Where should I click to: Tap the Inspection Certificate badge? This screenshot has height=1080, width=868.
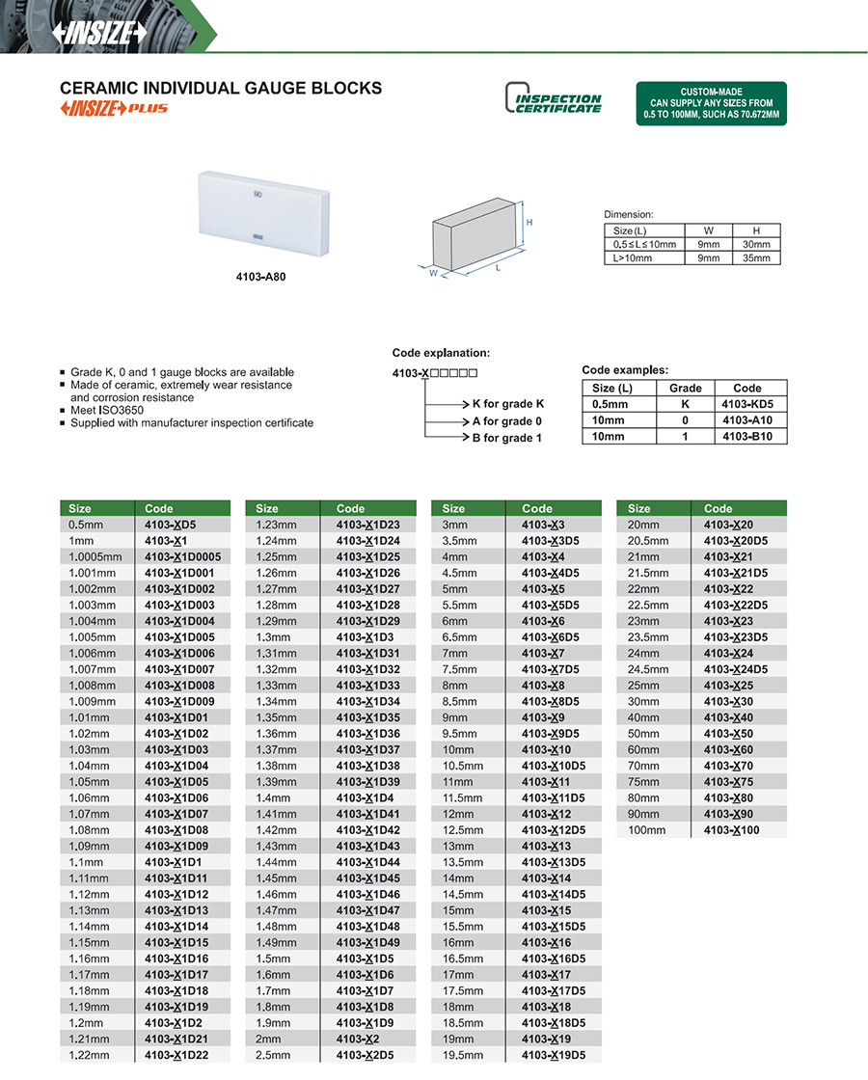[x=554, y=99]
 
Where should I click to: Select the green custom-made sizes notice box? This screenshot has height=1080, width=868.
[x=711, y=103]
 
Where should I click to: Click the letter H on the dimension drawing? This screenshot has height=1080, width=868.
[x=529, y=223]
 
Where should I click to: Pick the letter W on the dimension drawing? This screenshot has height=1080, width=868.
[x=434, y=273]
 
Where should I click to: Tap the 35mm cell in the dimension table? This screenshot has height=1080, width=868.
[x=756, y=258]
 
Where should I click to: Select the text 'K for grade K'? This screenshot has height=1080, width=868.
[x=508, y=404]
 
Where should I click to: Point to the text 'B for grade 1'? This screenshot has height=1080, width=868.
[x=506, y=438]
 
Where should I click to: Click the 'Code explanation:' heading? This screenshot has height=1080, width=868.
[x=441, y=353]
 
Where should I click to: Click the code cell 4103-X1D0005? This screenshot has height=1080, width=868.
[x=182, y=556]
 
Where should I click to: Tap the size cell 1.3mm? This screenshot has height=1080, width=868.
[x=271, y=636]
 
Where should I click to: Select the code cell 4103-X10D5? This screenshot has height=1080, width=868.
[x=553, y=766]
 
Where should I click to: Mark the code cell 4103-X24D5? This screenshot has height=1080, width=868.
[x=736, y=669]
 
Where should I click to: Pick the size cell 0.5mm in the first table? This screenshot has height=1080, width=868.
[x=86, y=525]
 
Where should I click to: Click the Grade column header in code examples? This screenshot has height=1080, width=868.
[x=685, y=388]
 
